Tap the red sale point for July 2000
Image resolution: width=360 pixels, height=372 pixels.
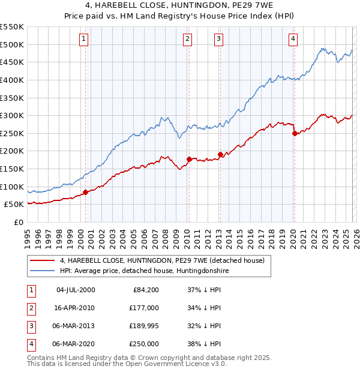pyautogui.click(x=85, y=192)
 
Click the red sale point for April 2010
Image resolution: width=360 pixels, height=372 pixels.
pyautogui.click(x=189, y=159)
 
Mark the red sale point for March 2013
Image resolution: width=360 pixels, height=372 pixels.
pyautogui.click(x=220, y=154)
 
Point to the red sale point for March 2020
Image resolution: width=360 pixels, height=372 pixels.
pyautogui.click(x=295, y=133)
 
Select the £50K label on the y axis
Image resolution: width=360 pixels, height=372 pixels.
pyautogui.click(x=14, y=205)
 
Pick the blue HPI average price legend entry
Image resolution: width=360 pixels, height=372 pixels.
pyautogui.click(x=145, y=271)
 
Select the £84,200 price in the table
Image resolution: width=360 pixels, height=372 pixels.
pyautogui.click(x=144, y=290)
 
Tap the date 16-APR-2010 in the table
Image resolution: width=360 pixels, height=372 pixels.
pyautogui.click(x=75, y=308)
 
